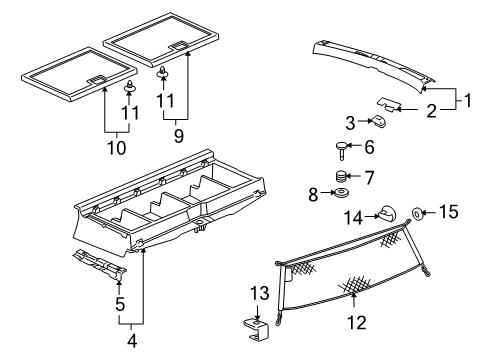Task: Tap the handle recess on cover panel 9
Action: (181, 44)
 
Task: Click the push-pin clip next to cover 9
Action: (160, 72)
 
